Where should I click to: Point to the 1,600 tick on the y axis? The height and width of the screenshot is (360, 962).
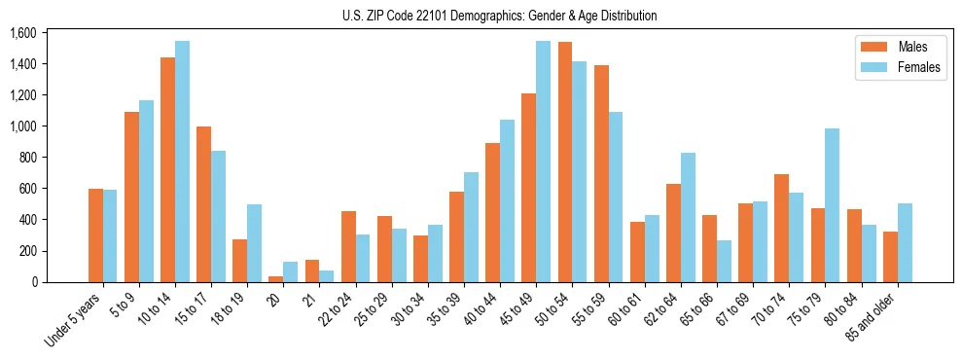(x=22, y=33)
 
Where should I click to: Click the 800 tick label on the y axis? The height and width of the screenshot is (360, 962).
(x=27, y=158)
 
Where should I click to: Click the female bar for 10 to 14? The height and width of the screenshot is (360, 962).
(x=182, y=162)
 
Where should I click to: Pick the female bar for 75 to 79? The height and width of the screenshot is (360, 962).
(x=832, y=205)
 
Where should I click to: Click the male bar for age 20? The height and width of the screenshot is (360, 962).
(x=276, y=279)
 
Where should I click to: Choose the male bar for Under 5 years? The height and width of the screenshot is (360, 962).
(x=95, y=235)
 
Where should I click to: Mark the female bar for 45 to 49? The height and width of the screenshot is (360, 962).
(x=543, y=162)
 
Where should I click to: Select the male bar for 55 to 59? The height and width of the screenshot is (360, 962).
(x=600, y=174)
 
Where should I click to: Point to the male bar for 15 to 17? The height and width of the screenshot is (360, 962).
(x=203, y=204)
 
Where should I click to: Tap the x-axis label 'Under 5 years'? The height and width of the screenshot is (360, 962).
(x=74, y=317)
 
